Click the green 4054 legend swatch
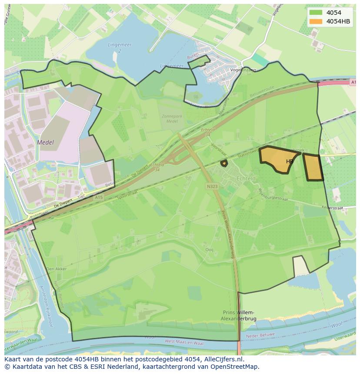pos(316,13)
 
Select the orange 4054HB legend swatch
pos(316,21)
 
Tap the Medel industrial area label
pos(46,142)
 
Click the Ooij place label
pos(210,249)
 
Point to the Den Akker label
pos(57,269)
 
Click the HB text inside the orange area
pos(290,162)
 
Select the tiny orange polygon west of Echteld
pos(224,163)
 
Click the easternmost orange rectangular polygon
pos(313,167)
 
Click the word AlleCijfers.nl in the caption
pos(223,360)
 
